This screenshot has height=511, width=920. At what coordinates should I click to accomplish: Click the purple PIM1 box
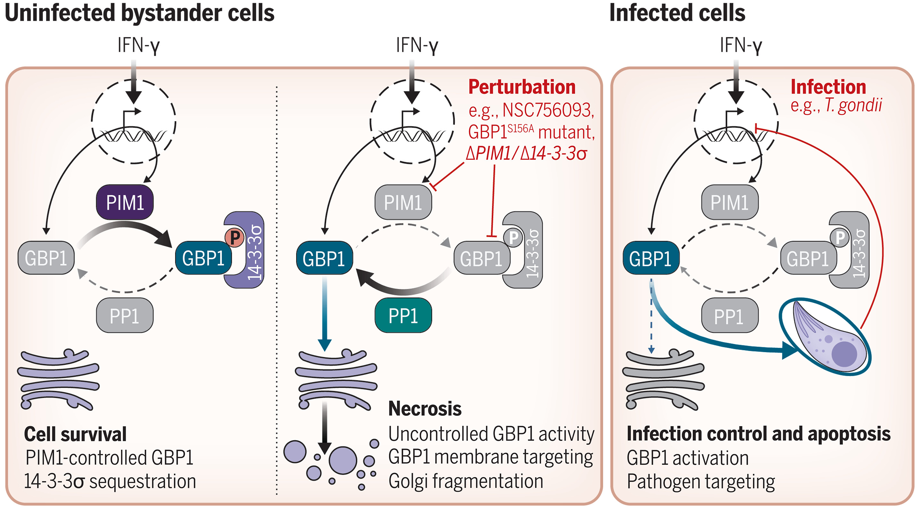(125, 202)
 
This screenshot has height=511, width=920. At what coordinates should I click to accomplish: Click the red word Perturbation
(522, 87)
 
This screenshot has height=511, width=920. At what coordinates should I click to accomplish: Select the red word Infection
(828, 87)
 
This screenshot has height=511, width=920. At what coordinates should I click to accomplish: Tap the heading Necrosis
(425, 408)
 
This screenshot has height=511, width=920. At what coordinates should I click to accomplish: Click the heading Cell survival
(75, 434)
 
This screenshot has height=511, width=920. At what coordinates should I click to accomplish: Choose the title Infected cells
(677, 13)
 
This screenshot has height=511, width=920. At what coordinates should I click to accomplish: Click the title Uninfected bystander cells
(139, 13)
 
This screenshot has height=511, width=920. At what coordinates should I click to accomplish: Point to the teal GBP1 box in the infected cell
(651, 258)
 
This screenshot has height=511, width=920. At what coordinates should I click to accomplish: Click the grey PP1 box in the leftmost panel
(125, 316)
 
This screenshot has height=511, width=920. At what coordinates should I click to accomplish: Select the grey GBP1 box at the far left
(46, 258)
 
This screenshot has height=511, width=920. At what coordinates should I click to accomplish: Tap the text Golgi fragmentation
(466, 481)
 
